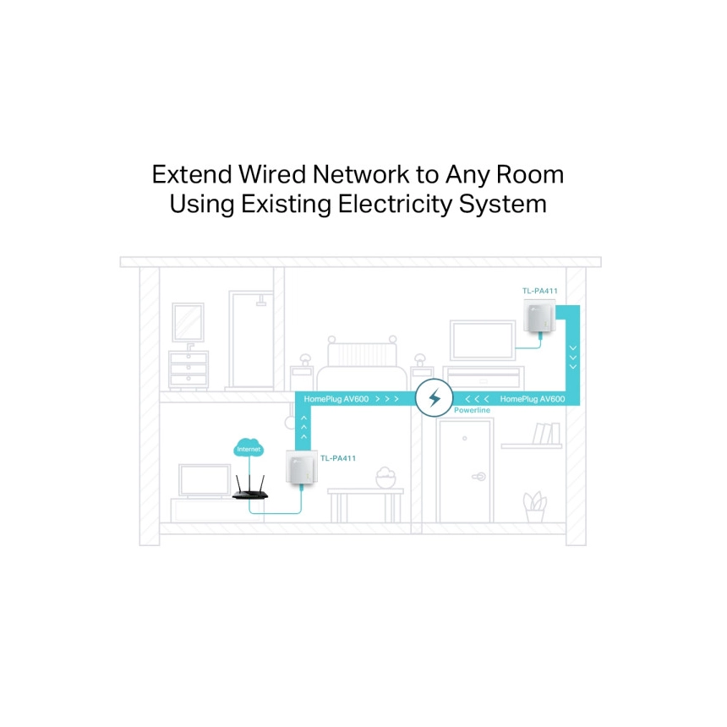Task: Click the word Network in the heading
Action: [x=361, y=175]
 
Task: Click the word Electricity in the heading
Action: [x=395, y=205]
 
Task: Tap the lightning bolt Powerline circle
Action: [x=434, y=398]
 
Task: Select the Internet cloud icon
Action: [x=249, y=448]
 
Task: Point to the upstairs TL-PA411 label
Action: [x=539, y=291]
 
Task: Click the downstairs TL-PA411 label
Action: [x=338, y=458]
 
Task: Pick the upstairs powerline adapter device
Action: [x=539, y=316]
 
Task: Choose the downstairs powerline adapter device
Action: [x=302, y=467]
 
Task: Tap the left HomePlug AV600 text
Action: [x=336, y=399]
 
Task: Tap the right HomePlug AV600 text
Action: [x=533, y=399]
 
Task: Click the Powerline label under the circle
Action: [x=472, y=410]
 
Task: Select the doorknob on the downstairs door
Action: [x=479, y=476]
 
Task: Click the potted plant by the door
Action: [x=534, y=506]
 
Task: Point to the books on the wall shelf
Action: [x=547, y=434]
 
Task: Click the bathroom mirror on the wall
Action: [x=188, y=322]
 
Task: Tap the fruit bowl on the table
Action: [x=385, y=477]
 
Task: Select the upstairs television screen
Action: [x=483, y=341]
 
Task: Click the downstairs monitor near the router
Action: [x=205, y=480]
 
